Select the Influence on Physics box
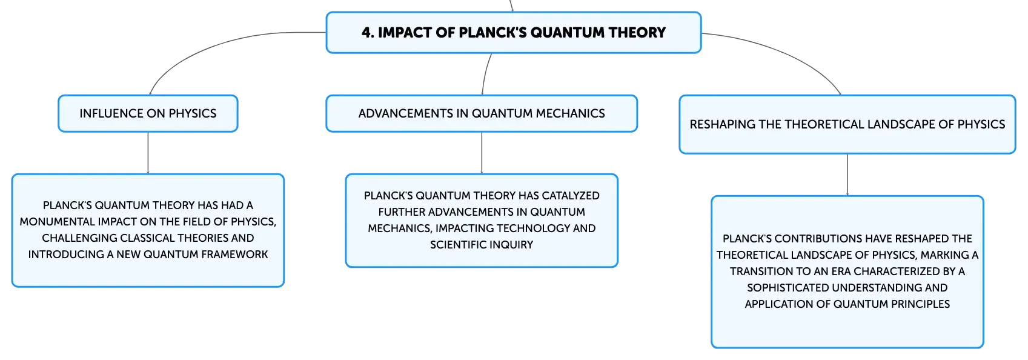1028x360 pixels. (148, 113)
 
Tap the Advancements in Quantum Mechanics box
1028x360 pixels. (482, 113)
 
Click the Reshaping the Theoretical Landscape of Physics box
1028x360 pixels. (847, 124)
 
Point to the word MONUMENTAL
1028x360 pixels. (57, 222)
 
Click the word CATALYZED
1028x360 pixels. (571, 196)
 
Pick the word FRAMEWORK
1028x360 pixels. (234, 255)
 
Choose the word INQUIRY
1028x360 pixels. (510, 245)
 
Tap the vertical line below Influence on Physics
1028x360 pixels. (148, 153)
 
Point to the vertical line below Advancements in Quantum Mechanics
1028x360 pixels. (482, 153)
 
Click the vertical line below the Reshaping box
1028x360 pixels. (847, 175)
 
